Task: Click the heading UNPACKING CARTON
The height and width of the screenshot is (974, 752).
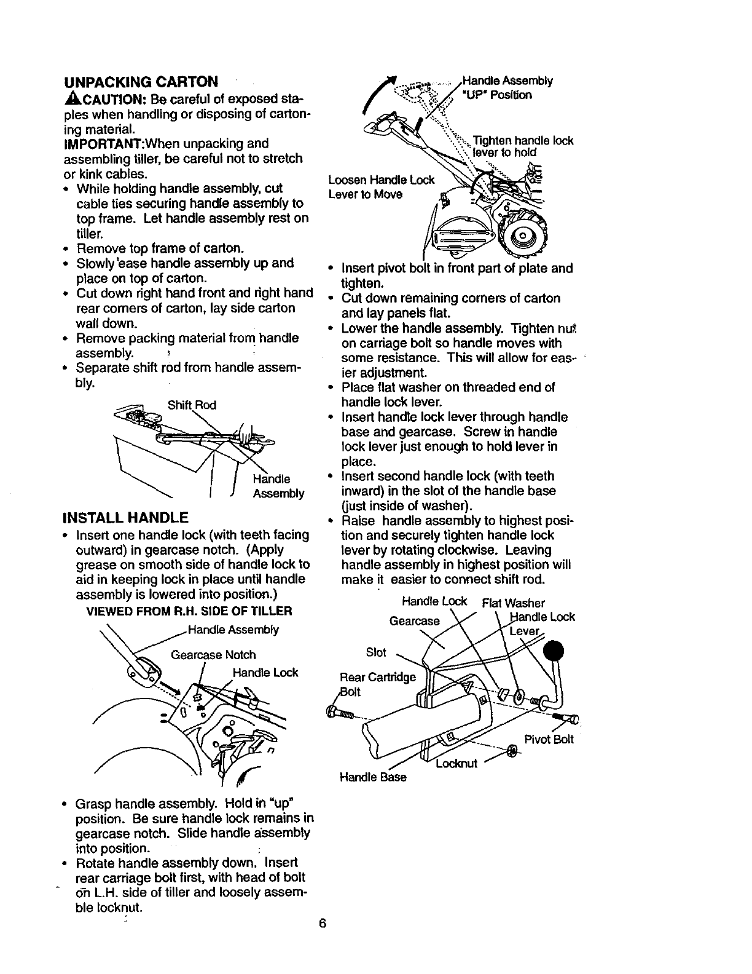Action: pos(141,82)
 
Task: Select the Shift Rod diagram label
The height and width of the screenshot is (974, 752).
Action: pos(192,405)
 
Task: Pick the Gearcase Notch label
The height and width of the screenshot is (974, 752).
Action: pos(213,655)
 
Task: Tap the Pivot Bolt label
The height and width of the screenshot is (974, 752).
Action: pos(549,739)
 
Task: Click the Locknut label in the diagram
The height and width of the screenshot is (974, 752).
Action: pos(456,764)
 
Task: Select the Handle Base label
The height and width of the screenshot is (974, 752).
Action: pos(373,777)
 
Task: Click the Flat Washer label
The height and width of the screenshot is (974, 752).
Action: pos(514,603)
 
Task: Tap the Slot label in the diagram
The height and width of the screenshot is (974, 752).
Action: pos(376,652)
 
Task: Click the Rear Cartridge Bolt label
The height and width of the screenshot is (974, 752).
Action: pos(377,684)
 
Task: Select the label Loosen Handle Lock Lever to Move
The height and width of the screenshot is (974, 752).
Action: pos(381,188)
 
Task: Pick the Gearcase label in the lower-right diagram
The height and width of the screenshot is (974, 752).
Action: pos(415,621)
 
